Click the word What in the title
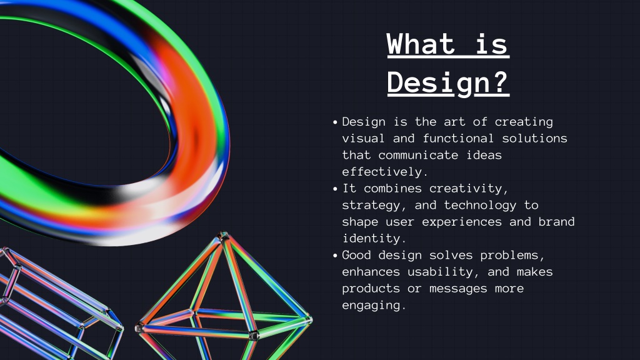tap(421, 44)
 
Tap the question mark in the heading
tap(497, 82)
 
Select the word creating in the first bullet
tap(524, 122)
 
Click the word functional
tap(458, 138)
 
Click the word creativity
tap(469, 189)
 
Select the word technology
tap(480, 205)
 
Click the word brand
tap(556, 222)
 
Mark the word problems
tap(512, 256)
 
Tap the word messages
tap(458, 289)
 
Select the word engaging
tap(374, 306)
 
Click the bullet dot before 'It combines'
tap(335, 189)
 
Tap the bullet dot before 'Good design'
tap(335, 256)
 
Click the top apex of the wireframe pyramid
tap(223, 234)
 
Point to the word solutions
tap(534, 138)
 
